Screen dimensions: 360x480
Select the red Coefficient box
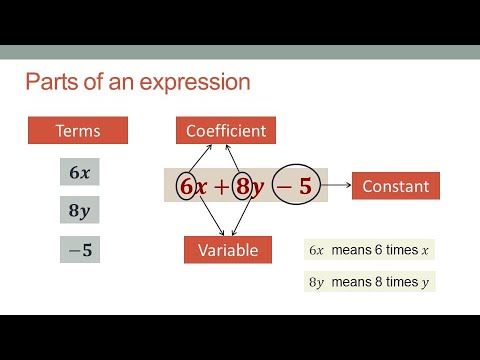[225, 130]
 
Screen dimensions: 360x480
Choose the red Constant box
[395, 186]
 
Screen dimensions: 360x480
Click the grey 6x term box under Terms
[80, 173]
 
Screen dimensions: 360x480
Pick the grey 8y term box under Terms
[80, 211]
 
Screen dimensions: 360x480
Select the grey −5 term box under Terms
[80, 250]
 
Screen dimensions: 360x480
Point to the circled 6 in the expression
[186, 187]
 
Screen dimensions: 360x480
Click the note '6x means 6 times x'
[369, 250]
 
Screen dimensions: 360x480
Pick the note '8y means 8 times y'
[369, 282]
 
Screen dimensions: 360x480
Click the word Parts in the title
[50, 81]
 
